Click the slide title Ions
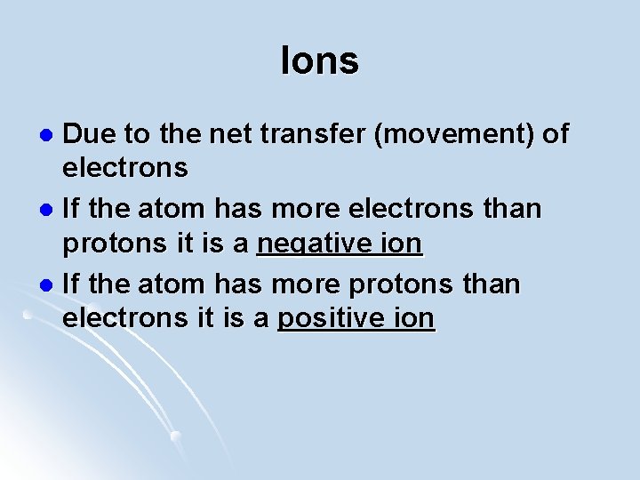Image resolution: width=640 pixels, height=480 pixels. point(319,61)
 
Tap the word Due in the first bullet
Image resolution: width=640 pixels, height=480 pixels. point(87,134)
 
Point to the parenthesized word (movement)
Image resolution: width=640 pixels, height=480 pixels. point(460,134)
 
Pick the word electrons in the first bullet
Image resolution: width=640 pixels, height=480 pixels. point(124,167)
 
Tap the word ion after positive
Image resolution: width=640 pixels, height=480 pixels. point(412,318)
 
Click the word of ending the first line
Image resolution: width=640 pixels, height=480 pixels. point(555,134)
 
